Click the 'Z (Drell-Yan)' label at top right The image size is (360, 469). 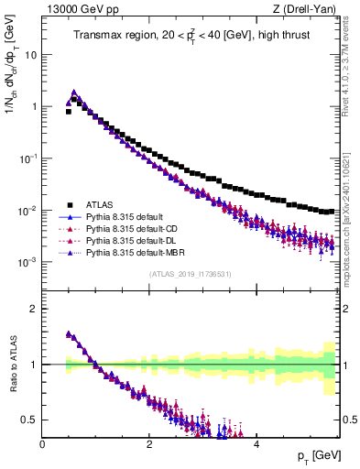point(308,8)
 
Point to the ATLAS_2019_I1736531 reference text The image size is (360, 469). point(189,274)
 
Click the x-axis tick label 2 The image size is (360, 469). point(149,443)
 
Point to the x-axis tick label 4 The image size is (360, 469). point(256,443)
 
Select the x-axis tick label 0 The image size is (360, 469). point(43,443)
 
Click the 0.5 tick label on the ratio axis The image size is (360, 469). point(30,420)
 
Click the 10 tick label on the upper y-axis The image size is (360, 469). point(31,54)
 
